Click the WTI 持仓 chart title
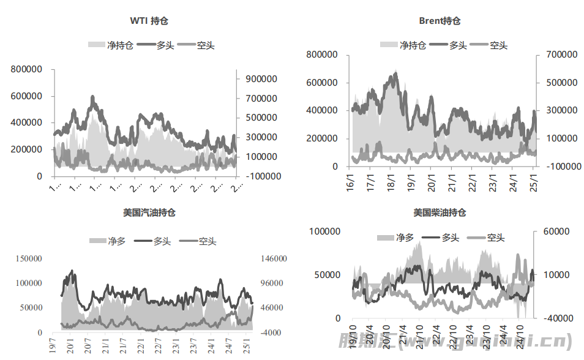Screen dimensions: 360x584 click(x=149, y=21)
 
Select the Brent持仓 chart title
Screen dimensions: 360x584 click(x=440, y=21)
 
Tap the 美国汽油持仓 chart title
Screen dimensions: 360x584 click(x=150, y=213)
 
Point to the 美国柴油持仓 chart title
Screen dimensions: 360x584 click(x=440, y=213)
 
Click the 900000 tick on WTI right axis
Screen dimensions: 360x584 click(x=261, y=79)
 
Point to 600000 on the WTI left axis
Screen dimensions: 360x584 click(x=26, y=96)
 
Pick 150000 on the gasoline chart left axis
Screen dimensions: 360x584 click(x=26, y=259)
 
